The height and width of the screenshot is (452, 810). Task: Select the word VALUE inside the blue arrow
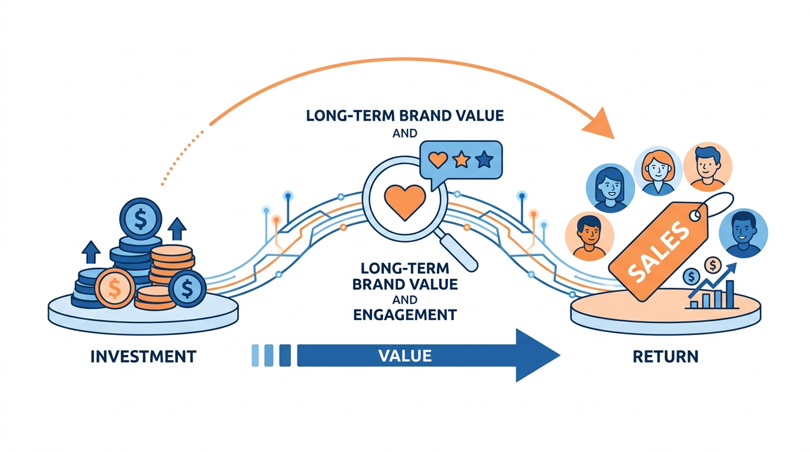(x=405, y=355)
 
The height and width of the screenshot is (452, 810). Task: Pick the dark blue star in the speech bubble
(x=484, y=159)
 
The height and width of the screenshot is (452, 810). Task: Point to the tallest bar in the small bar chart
(x=730, y=294)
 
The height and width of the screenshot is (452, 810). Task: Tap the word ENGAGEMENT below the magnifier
(x=405, y=314)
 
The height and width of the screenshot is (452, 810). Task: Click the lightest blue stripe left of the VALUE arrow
(x=255, y=355)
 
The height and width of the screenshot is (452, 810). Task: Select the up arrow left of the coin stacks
(x=91, y=251)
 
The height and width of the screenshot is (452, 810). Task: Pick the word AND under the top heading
(x=405, y=134)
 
